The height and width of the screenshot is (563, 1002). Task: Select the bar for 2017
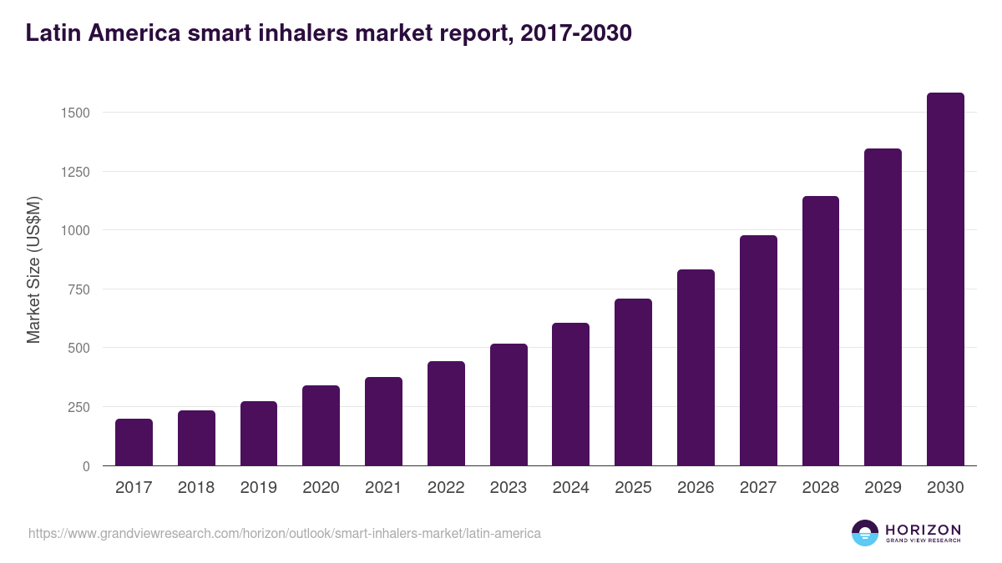[134, 442]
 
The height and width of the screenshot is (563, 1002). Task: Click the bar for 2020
[321, 425]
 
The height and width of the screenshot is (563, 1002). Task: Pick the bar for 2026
[696, 368]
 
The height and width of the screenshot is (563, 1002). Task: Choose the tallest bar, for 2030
[945, 279]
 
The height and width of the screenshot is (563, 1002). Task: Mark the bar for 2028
[821, 331]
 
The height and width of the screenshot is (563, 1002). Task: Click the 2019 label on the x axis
[259, 488]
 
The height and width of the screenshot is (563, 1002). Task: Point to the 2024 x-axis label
[570, 488]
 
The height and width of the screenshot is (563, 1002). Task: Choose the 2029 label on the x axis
[883, 488]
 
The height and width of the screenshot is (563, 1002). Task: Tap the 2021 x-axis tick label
[383, 488]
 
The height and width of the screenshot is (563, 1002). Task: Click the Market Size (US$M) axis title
[33, 269]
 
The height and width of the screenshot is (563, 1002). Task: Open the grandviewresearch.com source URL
[285, 533]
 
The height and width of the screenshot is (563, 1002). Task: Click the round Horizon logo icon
[865, 533]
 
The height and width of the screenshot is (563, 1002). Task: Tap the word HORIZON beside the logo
[923, 530]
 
